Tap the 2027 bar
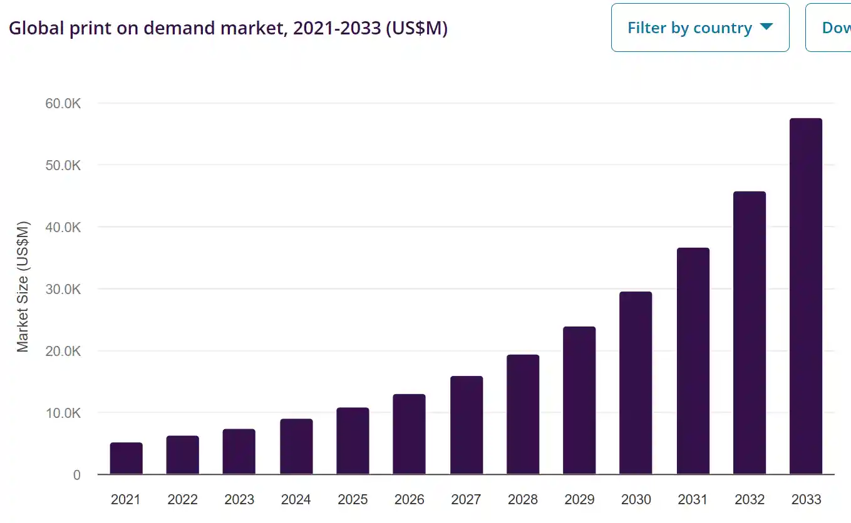coord(467,425)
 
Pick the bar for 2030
coord(636,383)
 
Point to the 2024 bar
coord(296,446)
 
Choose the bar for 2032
coord(749,332)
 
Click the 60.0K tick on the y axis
coord(63,103)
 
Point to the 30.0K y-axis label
coord(63,289)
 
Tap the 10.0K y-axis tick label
coord(63,413)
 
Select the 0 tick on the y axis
coord(76,475)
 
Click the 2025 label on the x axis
coord(353,499)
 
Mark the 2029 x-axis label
coord(579,499)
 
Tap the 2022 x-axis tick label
coord(183,499)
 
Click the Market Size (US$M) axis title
coord(23,287)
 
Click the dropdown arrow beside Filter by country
coord(766,27)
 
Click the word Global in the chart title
coord(34,28)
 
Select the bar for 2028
coord(523,414)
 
